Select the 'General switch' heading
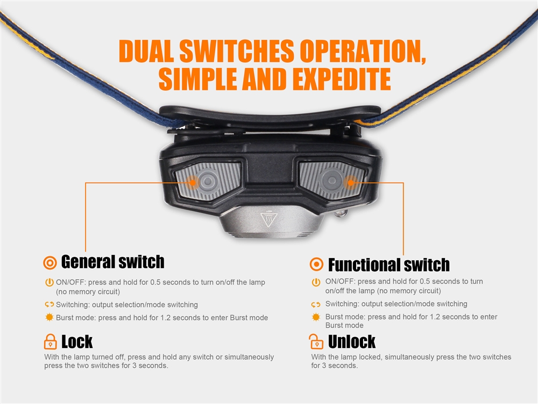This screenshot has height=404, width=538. point(112,262)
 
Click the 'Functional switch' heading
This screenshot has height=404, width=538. point(389,264)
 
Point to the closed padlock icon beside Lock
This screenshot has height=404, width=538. point(51,342)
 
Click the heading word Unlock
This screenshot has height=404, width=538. point(352,342)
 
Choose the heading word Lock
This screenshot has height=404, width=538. point(77,342)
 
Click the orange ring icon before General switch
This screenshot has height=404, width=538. point(50,263)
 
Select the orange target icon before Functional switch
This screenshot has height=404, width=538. point(316,264)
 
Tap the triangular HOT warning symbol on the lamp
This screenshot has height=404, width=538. point(269,219)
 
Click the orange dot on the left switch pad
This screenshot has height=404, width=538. point(193,183)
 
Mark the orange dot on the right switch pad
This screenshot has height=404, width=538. point(350,182)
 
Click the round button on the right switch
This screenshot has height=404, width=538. point(331,180)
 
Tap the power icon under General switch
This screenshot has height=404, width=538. point(49,282)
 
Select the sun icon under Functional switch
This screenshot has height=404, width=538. point(316,317)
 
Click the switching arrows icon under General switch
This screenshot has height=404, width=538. point(49,304)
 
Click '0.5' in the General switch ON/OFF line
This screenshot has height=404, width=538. point(155,282)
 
